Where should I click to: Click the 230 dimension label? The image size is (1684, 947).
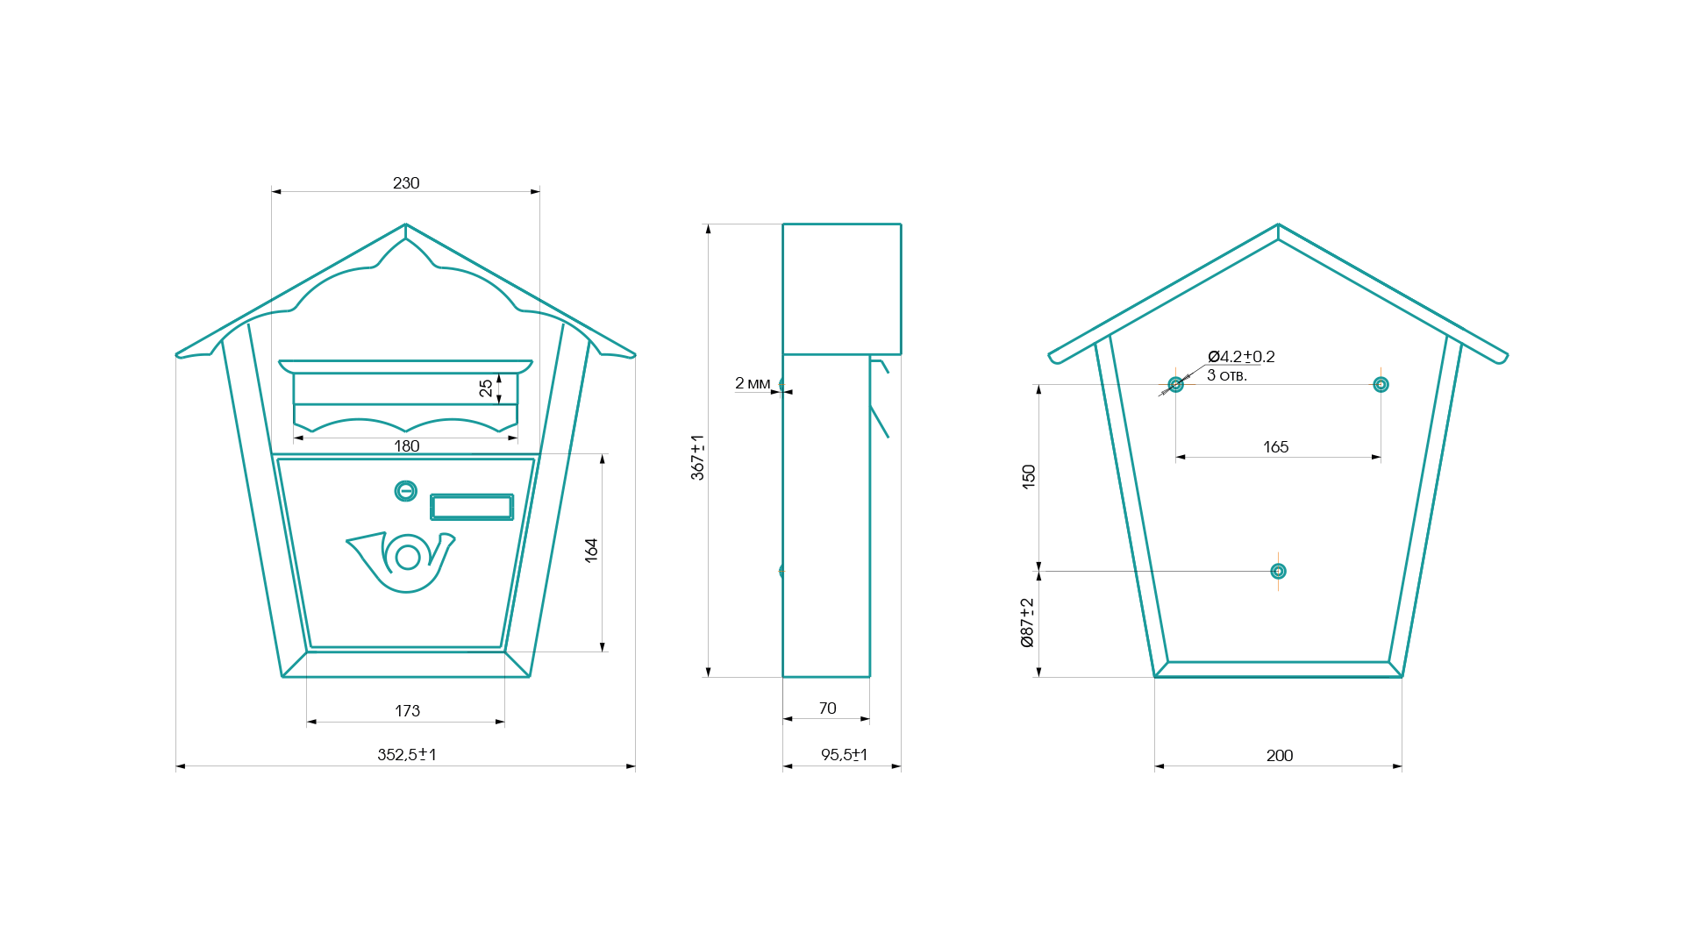406,182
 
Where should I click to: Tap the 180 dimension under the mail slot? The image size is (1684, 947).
407,445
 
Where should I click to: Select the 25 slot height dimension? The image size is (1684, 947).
486,388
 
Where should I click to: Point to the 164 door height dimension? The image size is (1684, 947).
591,550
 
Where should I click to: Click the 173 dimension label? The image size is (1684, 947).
407,710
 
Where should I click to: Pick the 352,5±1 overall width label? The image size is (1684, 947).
407,754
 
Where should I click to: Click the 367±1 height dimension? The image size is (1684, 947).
697,457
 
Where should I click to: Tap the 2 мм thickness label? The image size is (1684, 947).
753,383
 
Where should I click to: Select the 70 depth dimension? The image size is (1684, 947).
827,708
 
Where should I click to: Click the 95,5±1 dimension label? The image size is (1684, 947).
844,754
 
